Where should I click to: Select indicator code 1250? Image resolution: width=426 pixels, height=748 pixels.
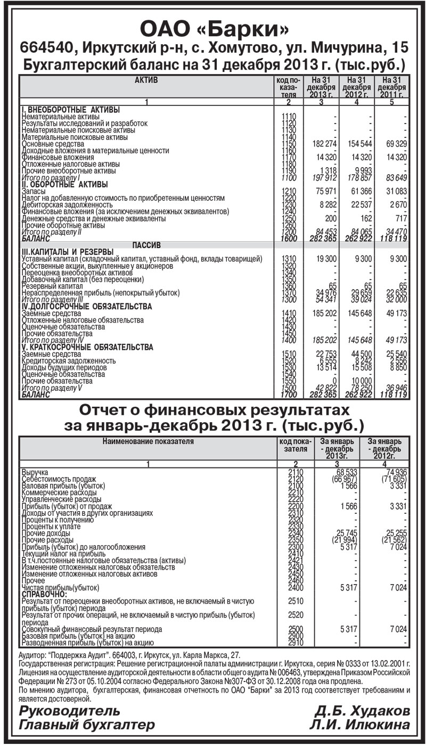tap(288, 218)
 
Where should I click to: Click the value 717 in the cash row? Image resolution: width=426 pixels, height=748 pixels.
tap(398, 218)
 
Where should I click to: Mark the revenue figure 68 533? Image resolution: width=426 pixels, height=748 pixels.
tap(341, 472)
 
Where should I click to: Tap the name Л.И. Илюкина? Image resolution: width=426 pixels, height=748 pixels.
tap(361, 725)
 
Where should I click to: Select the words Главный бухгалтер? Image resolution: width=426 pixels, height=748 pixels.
tap(86, 725)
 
